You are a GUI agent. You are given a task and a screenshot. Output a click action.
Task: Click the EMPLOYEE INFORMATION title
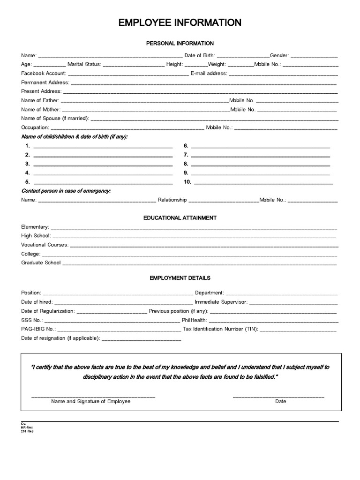click(180, 22)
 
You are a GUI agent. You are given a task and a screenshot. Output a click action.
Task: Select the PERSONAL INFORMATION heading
click(180, 43)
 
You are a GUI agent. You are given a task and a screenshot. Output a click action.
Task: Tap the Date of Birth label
click(200, 55)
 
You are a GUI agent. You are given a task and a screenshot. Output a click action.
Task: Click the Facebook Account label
click(44, 74)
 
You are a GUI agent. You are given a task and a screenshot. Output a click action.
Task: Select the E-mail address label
click(209, 74)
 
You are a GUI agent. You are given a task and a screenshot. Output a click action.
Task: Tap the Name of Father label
click(40, 100)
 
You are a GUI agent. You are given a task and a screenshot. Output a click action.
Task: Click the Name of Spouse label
click(55, 119)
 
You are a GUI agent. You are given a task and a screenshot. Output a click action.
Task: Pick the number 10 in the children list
click(187, 182)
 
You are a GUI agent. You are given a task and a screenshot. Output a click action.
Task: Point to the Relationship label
click(172, 200)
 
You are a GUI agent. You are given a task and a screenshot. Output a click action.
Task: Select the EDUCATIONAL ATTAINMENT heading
click(180, 218)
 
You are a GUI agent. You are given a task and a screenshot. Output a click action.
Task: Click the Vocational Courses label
click(45, 245)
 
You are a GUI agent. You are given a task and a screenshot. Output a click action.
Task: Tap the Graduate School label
click(41, 263)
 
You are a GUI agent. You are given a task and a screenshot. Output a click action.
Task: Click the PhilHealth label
click(194, 321)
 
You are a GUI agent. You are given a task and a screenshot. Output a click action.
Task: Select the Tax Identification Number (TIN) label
click(220, 330)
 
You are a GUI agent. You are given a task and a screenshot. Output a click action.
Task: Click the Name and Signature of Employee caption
click(91, 402)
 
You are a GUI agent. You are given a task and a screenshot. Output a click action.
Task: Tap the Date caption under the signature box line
click(280, 402)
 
